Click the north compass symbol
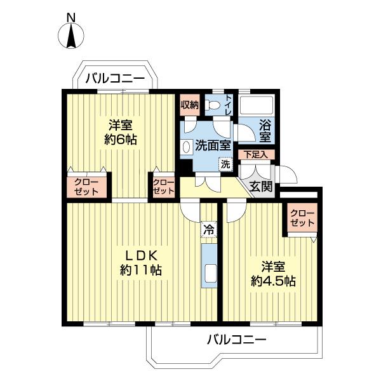pyautogui.click(x=71, y=35)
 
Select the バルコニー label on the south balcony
pyautogui.click(x=236, y=340)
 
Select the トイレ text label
pyautogui.click(x=229, y=105)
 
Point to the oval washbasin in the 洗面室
pyautogui.click(x=187, y=147)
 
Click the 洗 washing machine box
pyautogui.click(x=225, y=163)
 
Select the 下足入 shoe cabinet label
pyautogui.click(x=257, y=154)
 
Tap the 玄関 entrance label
pyautogui.click(x=261, y=186)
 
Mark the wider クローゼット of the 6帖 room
pyautogui.click(x=87, y=186)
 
